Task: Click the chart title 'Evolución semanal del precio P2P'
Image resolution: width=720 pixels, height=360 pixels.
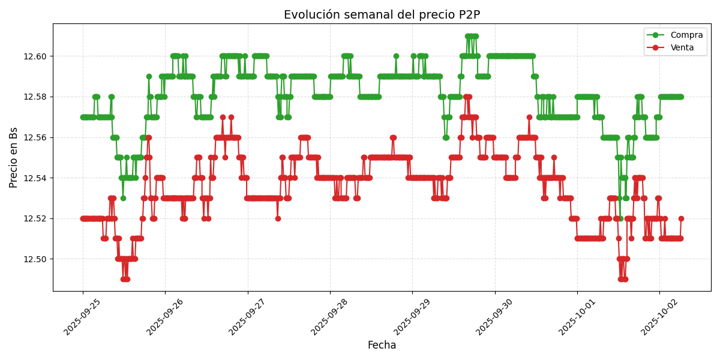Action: pyautogui.click(x=382, y=15)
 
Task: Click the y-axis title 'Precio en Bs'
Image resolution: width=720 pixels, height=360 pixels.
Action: pyautogui.click(x=14, y=157)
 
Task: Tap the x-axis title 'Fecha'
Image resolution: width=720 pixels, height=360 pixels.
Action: pyautogui.click(x=382, y=346)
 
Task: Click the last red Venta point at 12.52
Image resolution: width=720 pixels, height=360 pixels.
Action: pyautogui.click(x=681, y=218)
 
